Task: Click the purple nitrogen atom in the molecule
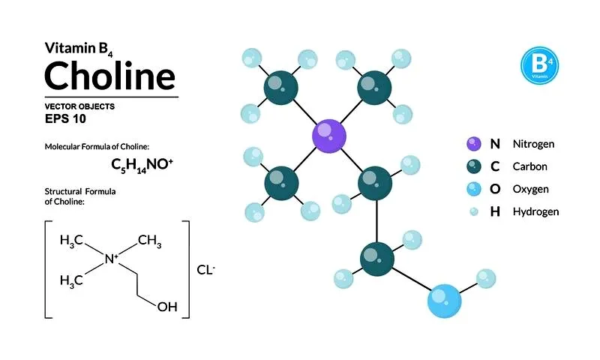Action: [x=329, y=136]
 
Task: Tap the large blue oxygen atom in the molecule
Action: [x=444, y=301]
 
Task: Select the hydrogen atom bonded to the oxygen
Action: [x=486, y=278]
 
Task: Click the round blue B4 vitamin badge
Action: [x=539, y=65]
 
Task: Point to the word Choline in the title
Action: [x=110, y=75]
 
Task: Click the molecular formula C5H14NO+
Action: [x=142, y=165]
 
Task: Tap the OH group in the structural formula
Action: [x=167, y=307]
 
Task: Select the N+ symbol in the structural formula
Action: [x=111, y=259]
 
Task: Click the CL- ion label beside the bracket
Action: [x=205, y=270]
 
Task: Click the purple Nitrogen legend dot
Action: [x=474, y=144]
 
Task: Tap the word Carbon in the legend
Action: [x=530, y=166]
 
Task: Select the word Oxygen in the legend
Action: [x=531, y=189]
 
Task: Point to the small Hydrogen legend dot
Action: [x=474, y=211]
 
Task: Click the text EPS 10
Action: [x=65, y=118]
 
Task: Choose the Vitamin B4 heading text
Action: [x=79, y=49]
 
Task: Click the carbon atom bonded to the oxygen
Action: [x=377, y=259]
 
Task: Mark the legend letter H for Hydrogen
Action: [x=495, y=211]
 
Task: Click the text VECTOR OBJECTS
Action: [x=79, y=106]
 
